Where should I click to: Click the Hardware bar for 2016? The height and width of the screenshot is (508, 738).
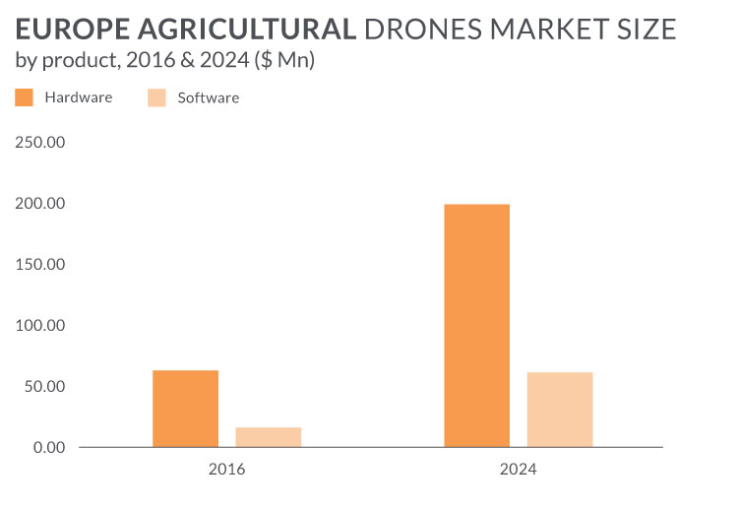click(x=185, y=409)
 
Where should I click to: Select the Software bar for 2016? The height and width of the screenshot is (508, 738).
click(x=268, y=437)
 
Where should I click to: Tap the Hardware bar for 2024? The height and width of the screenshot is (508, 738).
click(x=476, y=326)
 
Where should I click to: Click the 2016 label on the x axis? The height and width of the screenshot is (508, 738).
click(x=226, y=470)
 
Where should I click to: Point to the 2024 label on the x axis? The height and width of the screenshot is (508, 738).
click(x=518, y=470)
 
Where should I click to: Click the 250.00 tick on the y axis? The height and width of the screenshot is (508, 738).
click(x=40, y=143)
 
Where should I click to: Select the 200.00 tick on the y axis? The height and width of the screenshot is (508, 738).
click(x=40, y=204)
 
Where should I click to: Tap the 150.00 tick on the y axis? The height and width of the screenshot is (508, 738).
click(x=40, y=265)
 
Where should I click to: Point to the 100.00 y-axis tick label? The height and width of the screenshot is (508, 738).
click(x=40, y=326)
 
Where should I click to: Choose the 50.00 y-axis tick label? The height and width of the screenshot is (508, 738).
click(x=44, y=387)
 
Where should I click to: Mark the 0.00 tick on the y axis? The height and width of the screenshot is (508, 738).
click(x=48, y=448)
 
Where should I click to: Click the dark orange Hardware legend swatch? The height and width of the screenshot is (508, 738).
click(x=25, y=97)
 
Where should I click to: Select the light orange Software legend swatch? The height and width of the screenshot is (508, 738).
click(x=155, y=97)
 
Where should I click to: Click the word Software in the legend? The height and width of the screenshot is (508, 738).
click(x=208, y=97)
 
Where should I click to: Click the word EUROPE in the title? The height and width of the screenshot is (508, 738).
click(x=67, y=30)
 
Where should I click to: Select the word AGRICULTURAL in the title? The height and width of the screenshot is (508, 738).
click(x=242, y=30)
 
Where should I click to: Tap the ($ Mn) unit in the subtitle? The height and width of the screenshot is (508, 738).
click(x=285, y=61)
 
